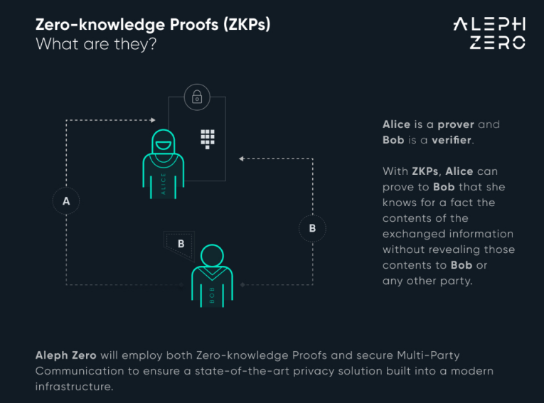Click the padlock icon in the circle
tap(197, 97)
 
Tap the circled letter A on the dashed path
tap(66, 201)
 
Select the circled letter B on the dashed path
tap(312, 228)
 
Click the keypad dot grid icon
tap(207, 138)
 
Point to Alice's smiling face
tap(163, 145)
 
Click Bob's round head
tap(212, 257)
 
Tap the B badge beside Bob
tap(179, 243)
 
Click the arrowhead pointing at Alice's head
tap(152, 121)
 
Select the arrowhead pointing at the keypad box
tap(242, 158)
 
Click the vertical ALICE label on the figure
tap(164, 184)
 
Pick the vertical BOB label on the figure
tap(212, 295)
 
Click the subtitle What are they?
tap(96, 43)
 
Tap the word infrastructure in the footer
tap(73, 387)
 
